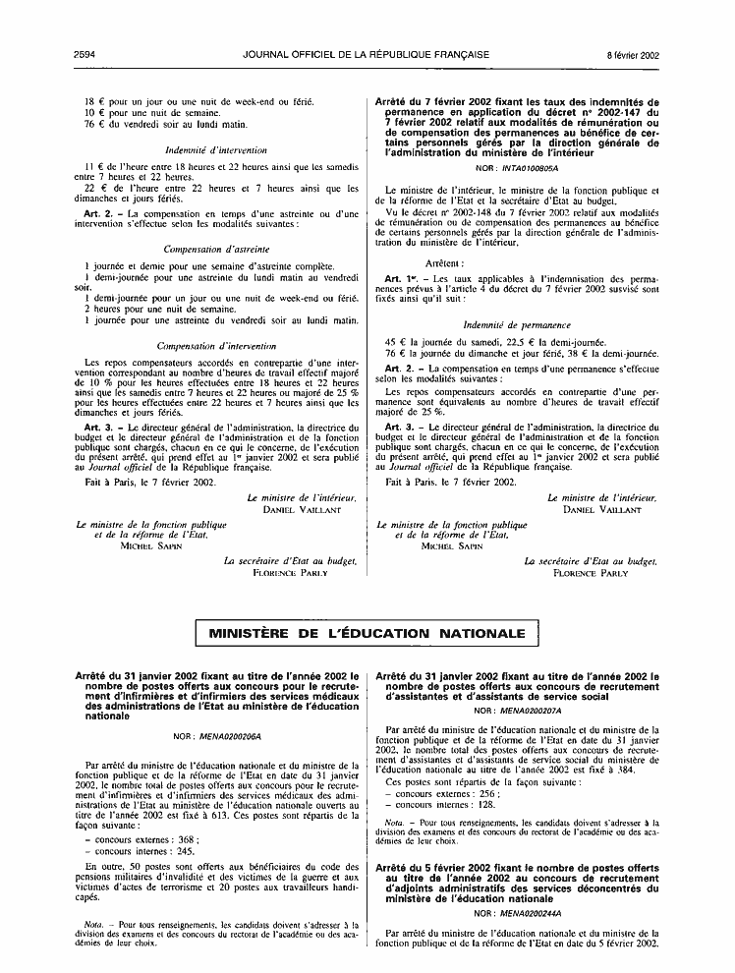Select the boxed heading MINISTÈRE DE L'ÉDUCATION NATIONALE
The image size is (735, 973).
pos(367,634)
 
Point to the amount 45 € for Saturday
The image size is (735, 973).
pos(394,341)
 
